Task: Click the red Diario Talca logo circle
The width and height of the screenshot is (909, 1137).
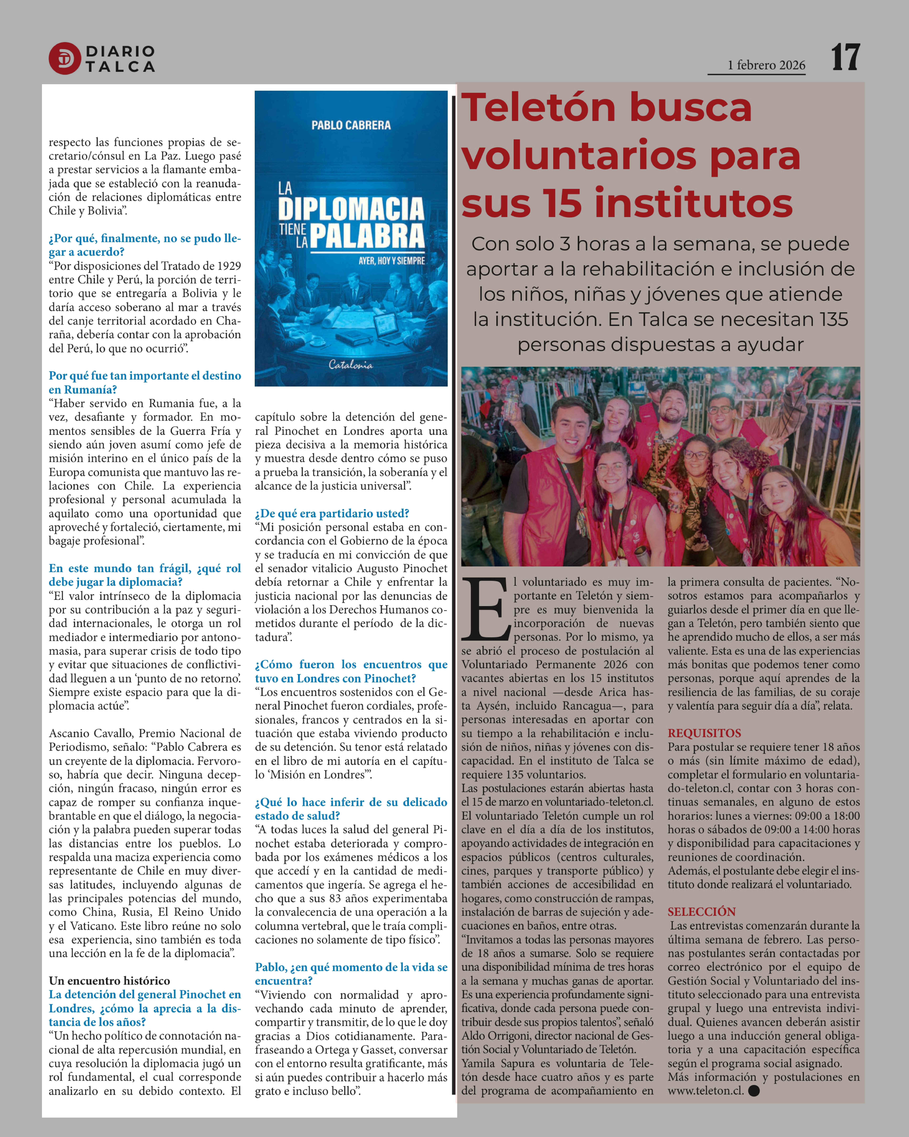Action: tap(64, 58)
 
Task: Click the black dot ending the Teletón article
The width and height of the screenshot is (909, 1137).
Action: tap(754, 1091)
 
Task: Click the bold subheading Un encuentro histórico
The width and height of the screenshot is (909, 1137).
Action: tap(110, 980)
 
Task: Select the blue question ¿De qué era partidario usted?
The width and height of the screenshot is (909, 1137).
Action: tap(332, 513)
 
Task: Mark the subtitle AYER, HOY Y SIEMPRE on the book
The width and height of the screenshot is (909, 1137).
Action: tap(392, 260)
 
